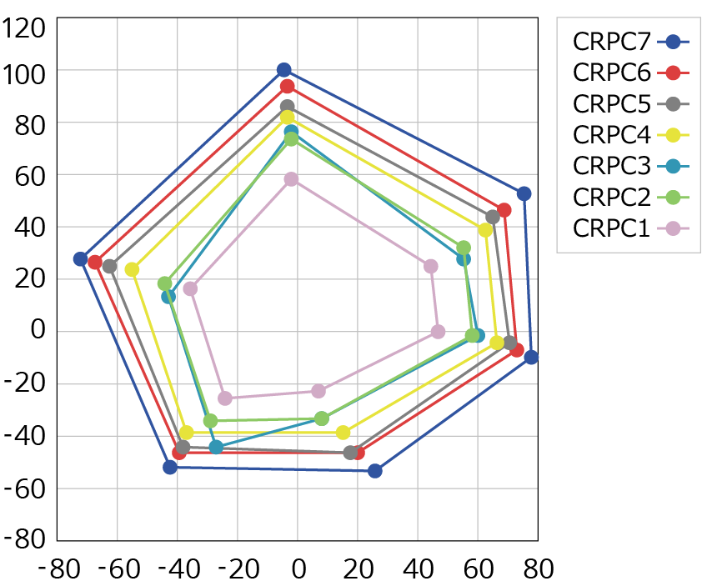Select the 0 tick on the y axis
(37, 330)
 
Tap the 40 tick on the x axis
(418, 569)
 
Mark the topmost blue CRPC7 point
(284, 70)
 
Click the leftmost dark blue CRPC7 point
(80, 259)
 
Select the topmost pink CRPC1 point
(291, 179)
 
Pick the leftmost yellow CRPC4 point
(132, 269)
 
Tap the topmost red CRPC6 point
(288, 87)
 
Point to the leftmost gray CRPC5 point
(109, 266)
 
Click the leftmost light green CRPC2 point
(165, 283)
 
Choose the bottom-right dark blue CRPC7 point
(375, 471)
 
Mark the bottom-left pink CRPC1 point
(225, 398)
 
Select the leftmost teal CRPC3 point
(168, 296)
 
